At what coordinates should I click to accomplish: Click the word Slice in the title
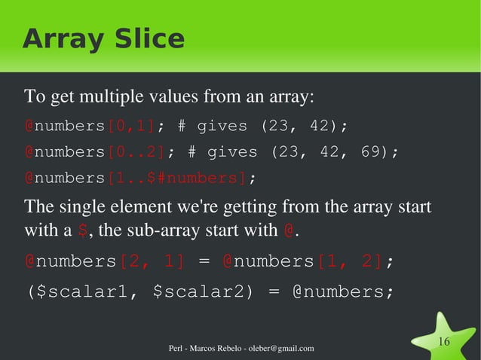(x=146, y=39)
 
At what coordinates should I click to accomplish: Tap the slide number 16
(x=444, y=343)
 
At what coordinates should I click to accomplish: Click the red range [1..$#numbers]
(x=177, y=178)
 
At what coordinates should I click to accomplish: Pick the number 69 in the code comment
(x=369, y=151)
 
